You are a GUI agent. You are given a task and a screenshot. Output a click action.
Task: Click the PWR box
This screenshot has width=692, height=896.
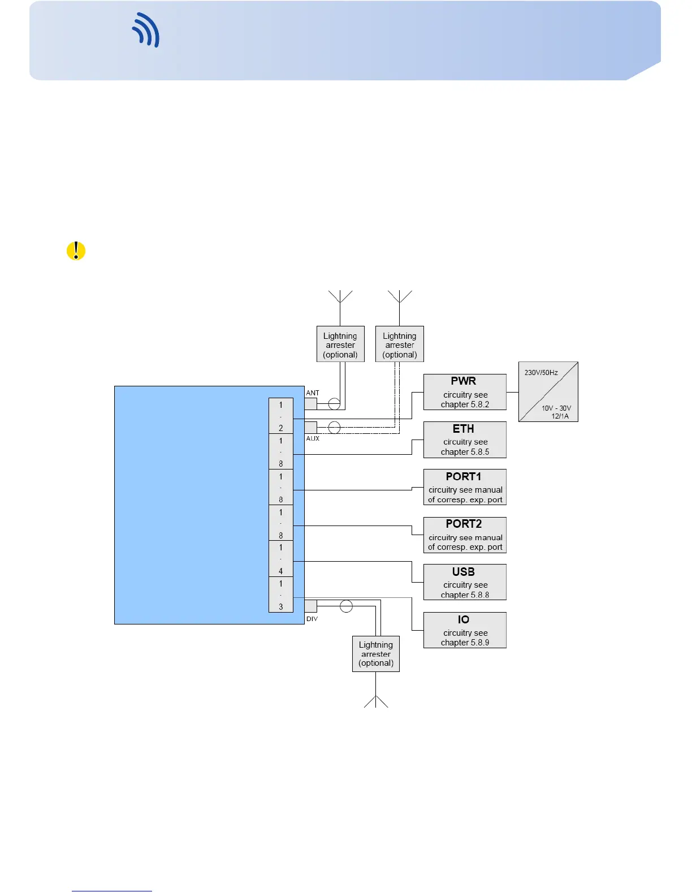465,392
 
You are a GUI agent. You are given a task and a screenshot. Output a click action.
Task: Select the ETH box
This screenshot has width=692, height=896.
465,440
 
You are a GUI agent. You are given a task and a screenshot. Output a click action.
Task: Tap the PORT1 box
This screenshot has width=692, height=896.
465,487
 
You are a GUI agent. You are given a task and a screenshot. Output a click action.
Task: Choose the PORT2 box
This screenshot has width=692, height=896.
465,535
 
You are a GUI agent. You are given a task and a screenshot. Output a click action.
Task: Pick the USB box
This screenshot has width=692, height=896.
465,582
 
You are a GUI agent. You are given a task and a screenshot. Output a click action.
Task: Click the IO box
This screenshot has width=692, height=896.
465,630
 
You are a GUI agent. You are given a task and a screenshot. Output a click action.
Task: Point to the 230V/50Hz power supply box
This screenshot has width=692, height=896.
548,391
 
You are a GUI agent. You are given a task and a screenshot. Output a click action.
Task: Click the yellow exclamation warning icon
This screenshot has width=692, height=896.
76,251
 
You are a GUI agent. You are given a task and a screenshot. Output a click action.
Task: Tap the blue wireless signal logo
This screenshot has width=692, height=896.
146,30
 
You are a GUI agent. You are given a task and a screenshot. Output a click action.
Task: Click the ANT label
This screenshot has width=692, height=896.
313,393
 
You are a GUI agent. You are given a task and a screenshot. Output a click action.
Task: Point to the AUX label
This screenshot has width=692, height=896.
313,438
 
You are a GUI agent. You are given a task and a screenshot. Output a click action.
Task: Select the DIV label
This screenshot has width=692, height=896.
312,619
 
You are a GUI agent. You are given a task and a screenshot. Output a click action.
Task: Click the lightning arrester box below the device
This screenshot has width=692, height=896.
376,654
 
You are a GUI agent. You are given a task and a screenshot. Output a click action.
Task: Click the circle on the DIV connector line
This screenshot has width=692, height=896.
347,606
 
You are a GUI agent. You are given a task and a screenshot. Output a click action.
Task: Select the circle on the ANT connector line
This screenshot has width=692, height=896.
334,404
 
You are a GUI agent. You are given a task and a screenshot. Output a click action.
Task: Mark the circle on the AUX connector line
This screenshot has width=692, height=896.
334,428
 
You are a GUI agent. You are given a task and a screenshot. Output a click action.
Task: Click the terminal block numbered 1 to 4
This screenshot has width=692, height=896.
281,559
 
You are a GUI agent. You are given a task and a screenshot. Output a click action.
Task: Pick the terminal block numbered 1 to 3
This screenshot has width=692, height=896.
281,595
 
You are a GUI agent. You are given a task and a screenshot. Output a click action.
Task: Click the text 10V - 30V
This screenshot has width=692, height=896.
556,408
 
